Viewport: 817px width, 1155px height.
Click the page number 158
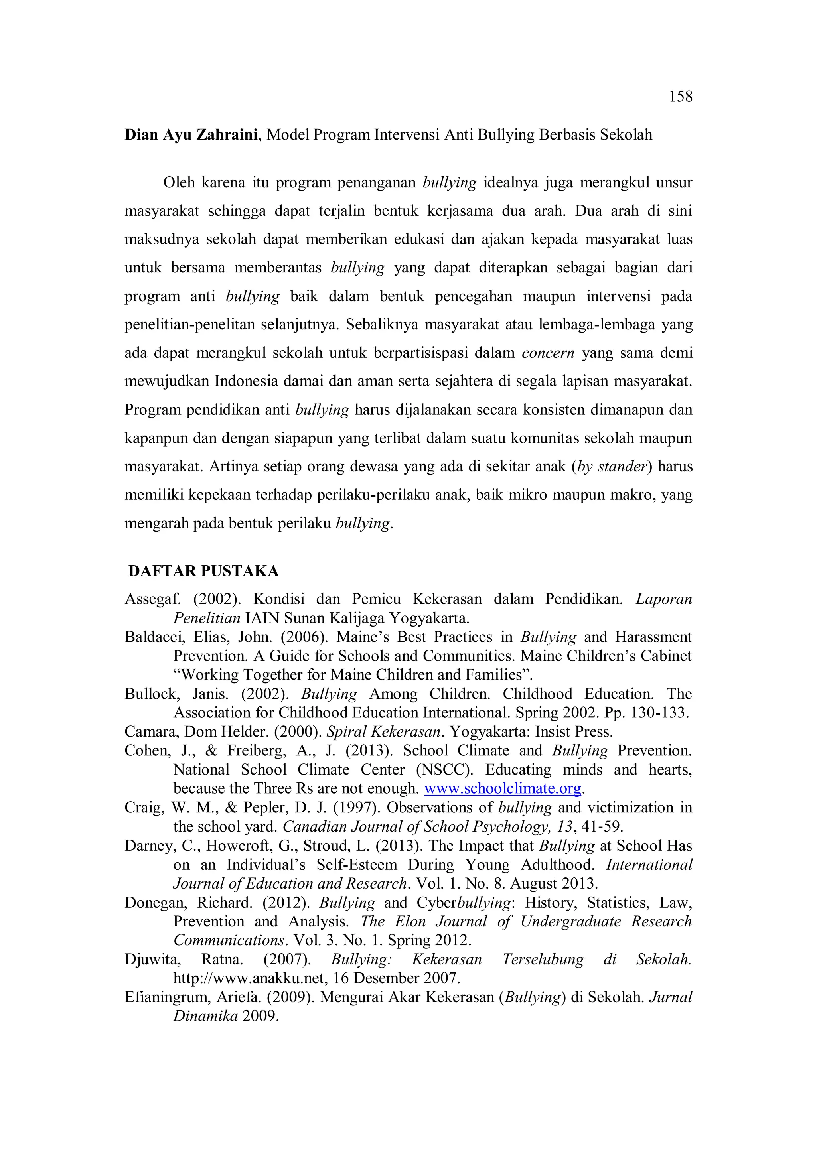coord(680,96)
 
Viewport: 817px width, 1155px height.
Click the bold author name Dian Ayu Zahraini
coord(191,135)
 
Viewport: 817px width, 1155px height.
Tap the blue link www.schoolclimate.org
coord(503,788)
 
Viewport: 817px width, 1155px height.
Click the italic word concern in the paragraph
coord(548,353)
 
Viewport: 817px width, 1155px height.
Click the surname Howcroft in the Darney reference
coord(239,846)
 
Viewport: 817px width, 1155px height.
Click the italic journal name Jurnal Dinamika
coord(670,997)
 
